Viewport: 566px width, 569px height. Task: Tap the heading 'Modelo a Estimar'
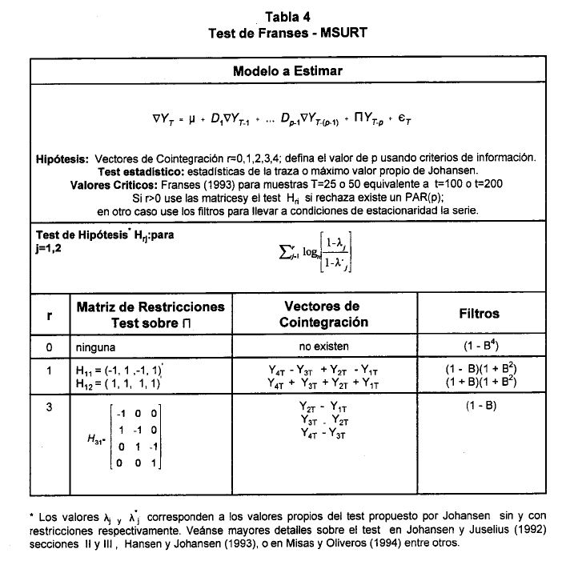point(287,71)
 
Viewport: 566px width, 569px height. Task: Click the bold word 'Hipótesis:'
point(62,158)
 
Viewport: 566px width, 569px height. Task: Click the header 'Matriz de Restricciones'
point(151,307)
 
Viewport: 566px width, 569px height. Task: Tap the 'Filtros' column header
point(480,315)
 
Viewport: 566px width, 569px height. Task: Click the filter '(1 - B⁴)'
point(480,347)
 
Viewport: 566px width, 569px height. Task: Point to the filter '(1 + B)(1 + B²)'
point(480,383)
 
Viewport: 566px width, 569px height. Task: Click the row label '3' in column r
point(49,407)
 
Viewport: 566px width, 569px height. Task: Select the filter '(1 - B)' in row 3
point(480,405)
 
